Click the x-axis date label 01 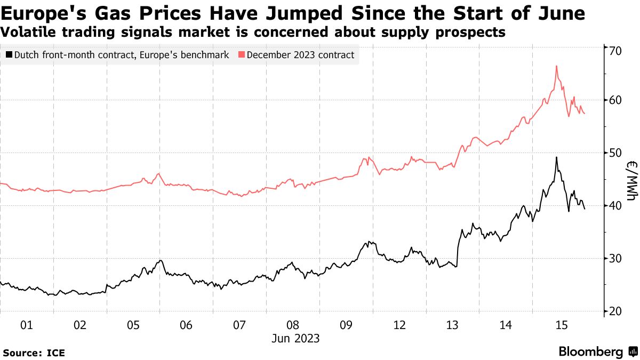pos(27,325)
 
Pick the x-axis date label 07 pos(239,325)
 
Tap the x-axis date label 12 pos(399,325)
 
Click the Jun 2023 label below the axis pos(295,338)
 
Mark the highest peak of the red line pos(556,66)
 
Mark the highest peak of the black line pos(556,157)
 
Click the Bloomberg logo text pos(590,352)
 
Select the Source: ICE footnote pos(34,353)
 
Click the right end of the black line pos(585,209)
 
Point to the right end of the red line pos(585,114)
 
